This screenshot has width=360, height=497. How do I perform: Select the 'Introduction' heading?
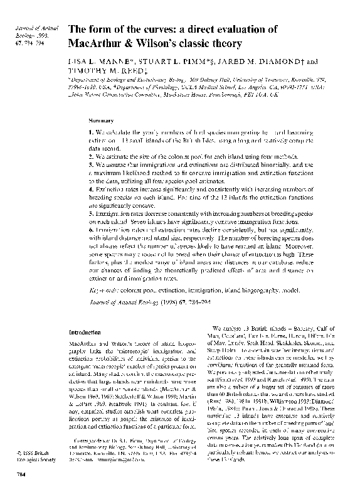pyautogui.click(x=87, y=332)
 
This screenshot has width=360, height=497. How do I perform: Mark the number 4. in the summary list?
pyautogui.click(x=90, y=189)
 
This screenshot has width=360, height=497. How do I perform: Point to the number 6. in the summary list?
pyautogui.click(x=90, y=230)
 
